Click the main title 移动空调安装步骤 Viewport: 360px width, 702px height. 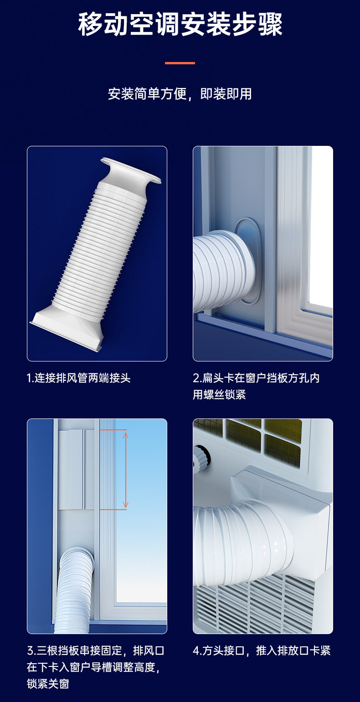[180, 25]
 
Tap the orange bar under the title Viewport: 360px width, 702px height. [180, 63]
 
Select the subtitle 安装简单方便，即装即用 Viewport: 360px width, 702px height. [180, 94]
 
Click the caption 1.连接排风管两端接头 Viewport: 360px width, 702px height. [79, 378]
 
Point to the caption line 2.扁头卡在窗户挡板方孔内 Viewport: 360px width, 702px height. [256, 378]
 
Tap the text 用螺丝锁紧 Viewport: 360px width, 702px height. [219, 394]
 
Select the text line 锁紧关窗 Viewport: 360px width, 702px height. [48, 683]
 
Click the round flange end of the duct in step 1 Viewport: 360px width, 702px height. [131, 171]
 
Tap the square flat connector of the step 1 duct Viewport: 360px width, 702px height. [67, 330]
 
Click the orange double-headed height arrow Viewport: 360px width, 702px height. [125, 470]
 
